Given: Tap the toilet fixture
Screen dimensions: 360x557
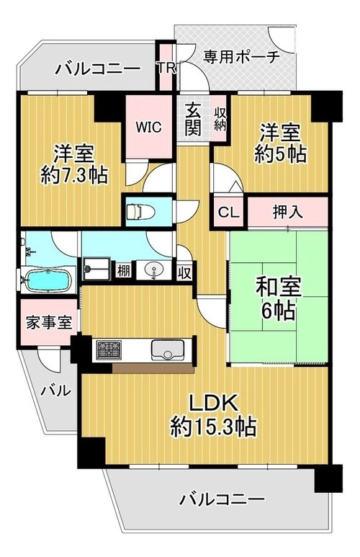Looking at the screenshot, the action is coord(140,212).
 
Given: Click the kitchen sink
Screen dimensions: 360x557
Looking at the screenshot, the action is coord(168,349).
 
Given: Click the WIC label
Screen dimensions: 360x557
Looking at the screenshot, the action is coord(148,127).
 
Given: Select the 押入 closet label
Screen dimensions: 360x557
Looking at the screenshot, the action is coord(287,212).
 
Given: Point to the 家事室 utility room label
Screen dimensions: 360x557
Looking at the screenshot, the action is coord(49,323).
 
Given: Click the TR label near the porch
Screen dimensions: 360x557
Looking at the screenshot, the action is coord(166,68).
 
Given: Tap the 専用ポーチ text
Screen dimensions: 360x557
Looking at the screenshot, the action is coord(241,56).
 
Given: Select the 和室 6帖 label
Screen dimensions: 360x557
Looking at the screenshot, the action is coord(279,299).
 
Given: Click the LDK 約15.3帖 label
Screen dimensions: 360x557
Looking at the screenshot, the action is coord(212,416).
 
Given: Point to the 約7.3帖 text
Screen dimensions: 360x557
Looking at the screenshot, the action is coord(74,175).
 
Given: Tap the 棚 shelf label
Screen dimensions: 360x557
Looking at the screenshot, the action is coord(124,272).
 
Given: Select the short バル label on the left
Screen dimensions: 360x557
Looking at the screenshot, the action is coord(55,391).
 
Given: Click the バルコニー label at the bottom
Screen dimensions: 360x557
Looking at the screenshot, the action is coord(222,500).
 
